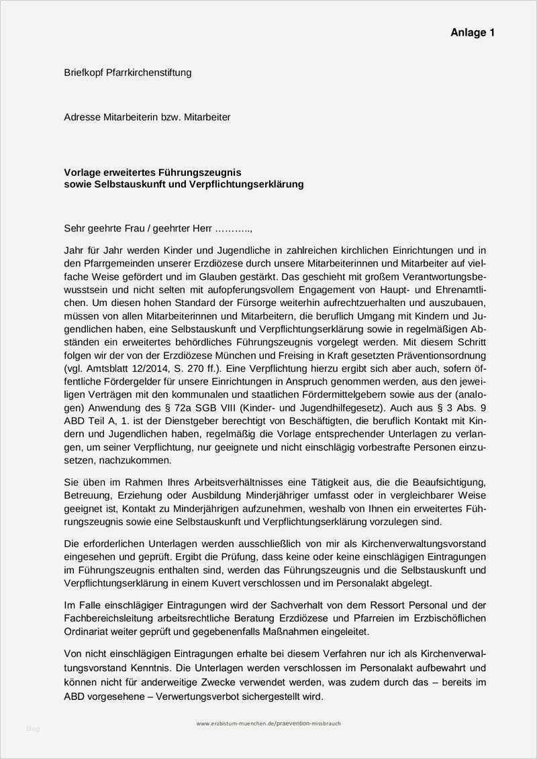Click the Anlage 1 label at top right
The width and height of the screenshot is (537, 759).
pyautogui.click(x=472, y=32)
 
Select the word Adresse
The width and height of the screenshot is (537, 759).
pyautogui.click(x=83, y=117)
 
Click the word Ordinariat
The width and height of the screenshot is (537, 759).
pyautogui.click(x=87, y=631)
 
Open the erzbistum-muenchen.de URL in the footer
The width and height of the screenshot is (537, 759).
pyautogui.click(x=268, y=723)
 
